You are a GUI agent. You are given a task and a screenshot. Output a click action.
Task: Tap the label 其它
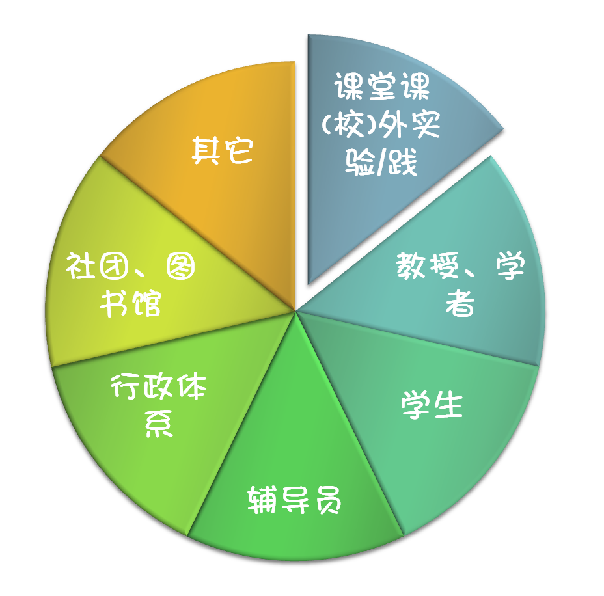click(x=222, y=150)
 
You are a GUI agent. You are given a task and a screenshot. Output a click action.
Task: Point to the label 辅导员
click(x=295, y=500)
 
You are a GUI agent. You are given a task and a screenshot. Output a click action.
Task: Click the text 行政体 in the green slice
click(x=158, y=388)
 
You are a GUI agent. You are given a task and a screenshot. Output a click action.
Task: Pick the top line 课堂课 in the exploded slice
click(x=382, y=86)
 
